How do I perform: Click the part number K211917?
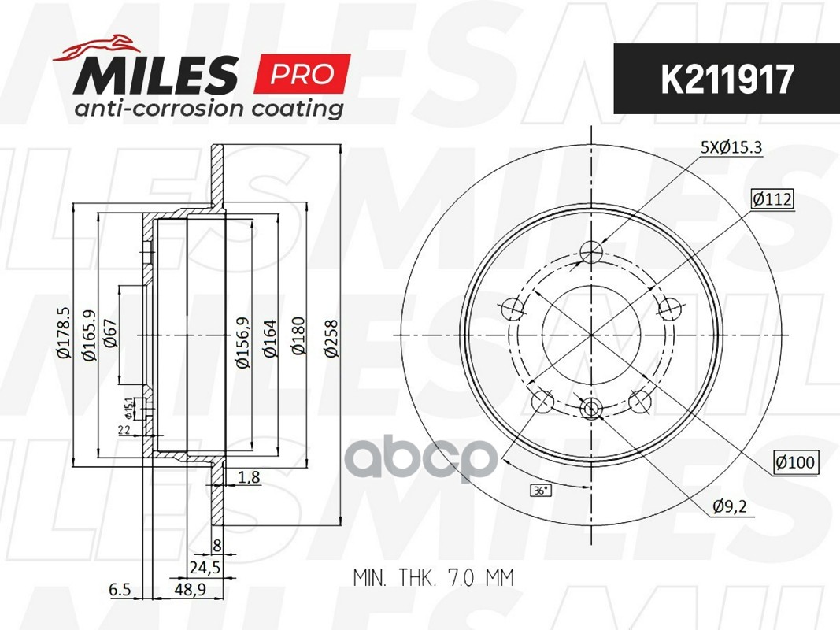(x=727, y=79)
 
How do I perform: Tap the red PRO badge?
(x=302, y=75)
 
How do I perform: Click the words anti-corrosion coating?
(x=209, y=109)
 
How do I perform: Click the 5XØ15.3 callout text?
(x=731, y=147)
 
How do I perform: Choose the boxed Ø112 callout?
(x=772, y=200)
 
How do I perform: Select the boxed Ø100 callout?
(x=795, y=463)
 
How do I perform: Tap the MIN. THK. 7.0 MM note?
(x=433, y=578)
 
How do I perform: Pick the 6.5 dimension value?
(x=119, y=589)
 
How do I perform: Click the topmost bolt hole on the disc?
(x=591, y=252)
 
